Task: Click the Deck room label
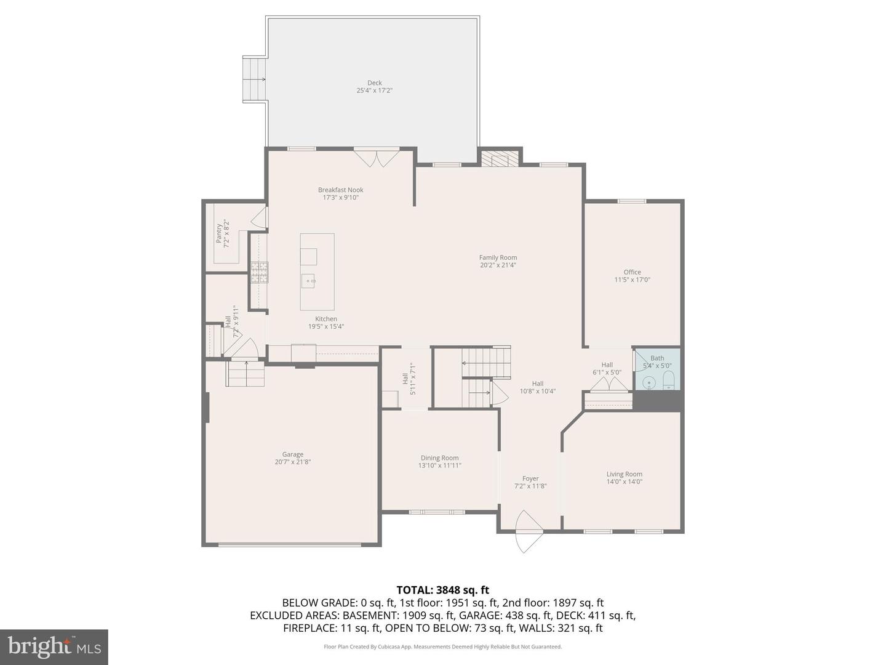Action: click(374, 83)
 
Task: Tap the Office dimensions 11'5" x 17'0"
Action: click(632, 280)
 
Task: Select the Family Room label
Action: click(498, 257)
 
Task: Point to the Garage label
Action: click(293, 454)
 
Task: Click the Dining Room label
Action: click(439, 457)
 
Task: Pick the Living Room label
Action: click(624, 474)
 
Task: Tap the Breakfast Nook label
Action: click(340, 190)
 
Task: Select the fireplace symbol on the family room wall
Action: click(495, 159)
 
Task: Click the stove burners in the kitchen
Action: click(259, 272)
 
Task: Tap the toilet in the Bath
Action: click(669, 380)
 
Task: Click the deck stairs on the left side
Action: click(255, 79)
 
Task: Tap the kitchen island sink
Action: click(308, 281)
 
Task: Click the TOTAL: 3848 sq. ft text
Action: click(442, 590)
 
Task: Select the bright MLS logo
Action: click(54, 647)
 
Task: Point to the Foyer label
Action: click(530, 478)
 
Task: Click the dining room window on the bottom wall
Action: click(437, 512)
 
